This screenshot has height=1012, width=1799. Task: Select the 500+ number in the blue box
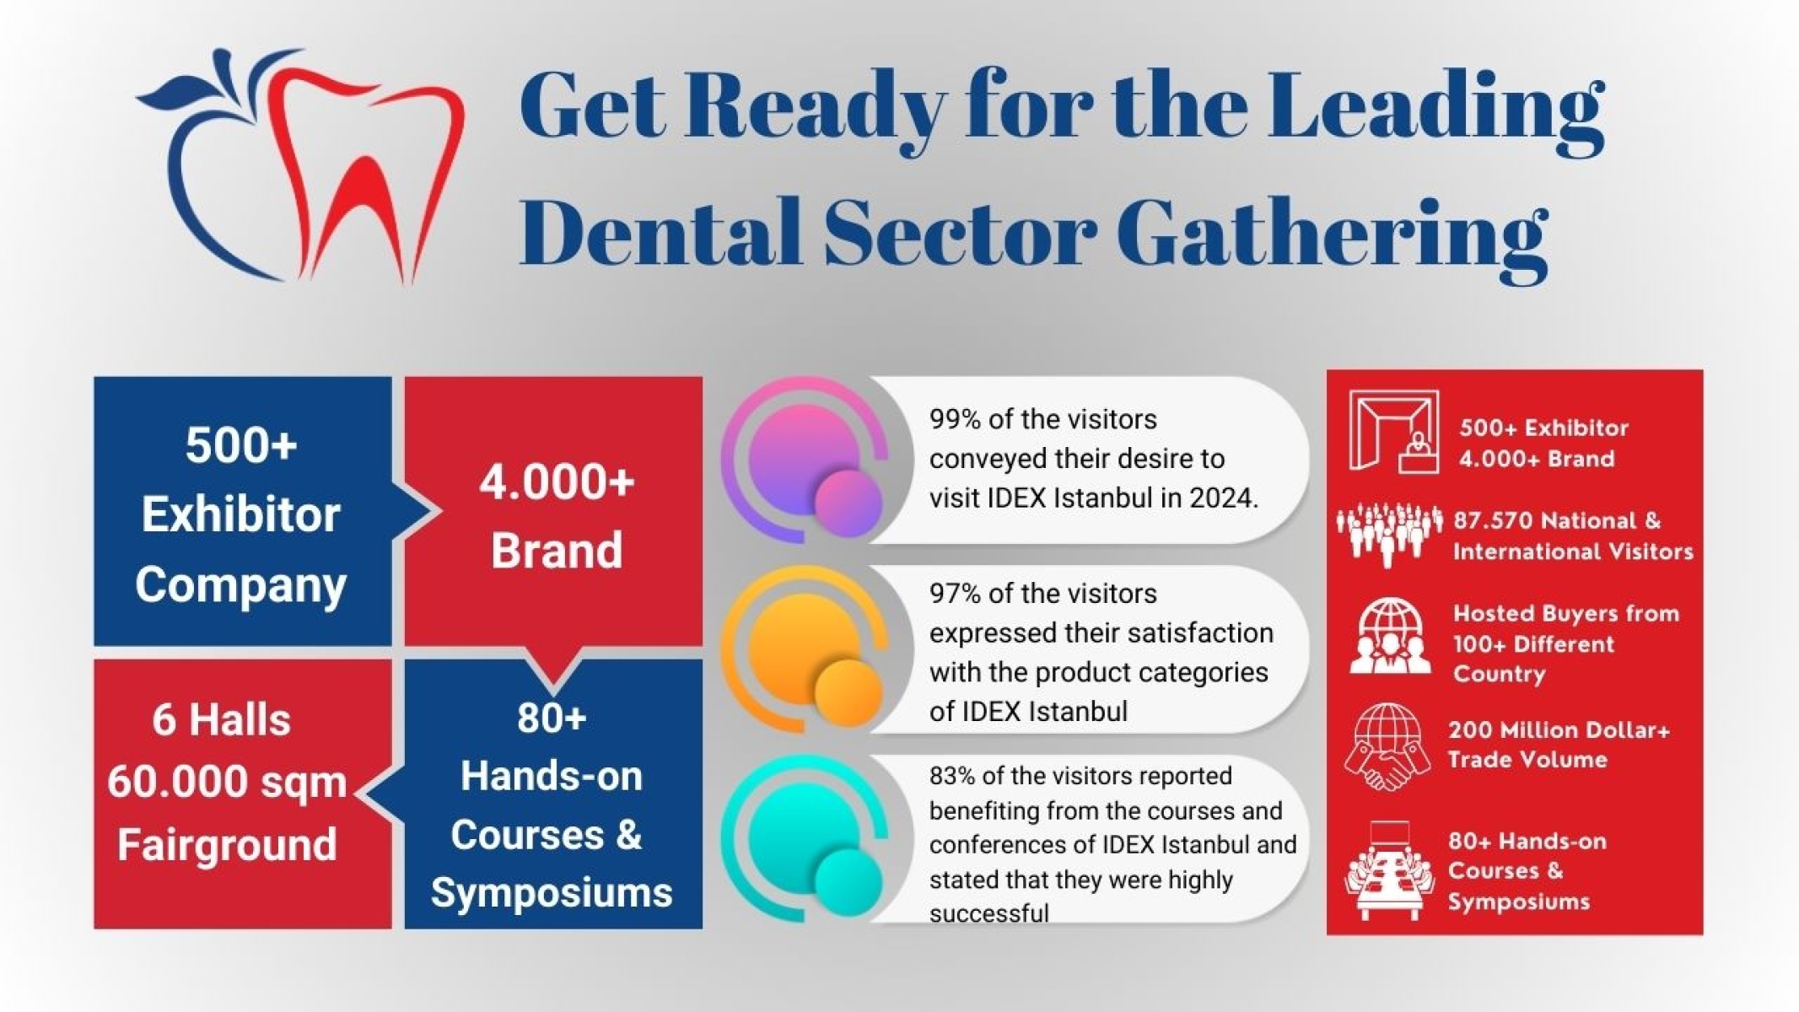click(x=241, y=444)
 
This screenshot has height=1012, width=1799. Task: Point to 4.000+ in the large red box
click(x=557, y=482)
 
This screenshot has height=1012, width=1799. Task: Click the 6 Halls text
click(x=221, y=720)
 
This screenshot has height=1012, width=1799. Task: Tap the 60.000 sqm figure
click(x=226, y=782)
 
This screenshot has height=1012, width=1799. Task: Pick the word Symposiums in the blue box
click(x=552, y=892)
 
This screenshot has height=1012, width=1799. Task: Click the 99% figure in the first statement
click(x=954, y=419)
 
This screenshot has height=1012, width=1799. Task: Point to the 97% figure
click(x=954, y=594)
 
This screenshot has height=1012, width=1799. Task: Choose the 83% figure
click(x=952, y=776)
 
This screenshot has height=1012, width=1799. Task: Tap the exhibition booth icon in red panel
click(x=1392, y=432)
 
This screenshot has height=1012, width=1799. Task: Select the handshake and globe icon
click(x=1387, y=747)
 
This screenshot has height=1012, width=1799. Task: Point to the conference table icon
click(x=1388, y=871)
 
